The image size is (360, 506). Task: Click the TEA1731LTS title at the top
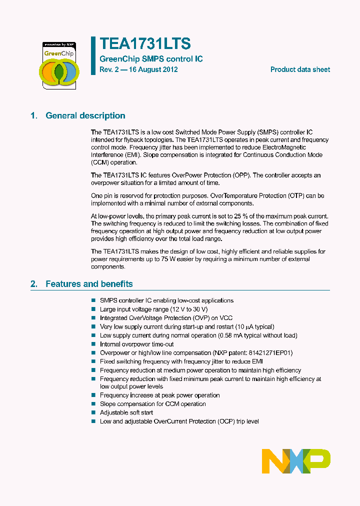click(145, 44)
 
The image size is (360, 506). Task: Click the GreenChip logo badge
click(58, 65)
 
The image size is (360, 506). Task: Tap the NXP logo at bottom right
click(296, 460)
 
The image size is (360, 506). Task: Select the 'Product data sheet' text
click(300, 69)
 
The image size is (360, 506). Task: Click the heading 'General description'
click(85, 115)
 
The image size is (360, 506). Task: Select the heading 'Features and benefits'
click(89, 284)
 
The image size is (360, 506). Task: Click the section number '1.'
click(33, 115)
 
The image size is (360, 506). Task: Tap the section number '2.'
click(33, 284)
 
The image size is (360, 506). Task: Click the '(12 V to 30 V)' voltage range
click(177, 309)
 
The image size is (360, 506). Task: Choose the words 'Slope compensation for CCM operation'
click(152, 404)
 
